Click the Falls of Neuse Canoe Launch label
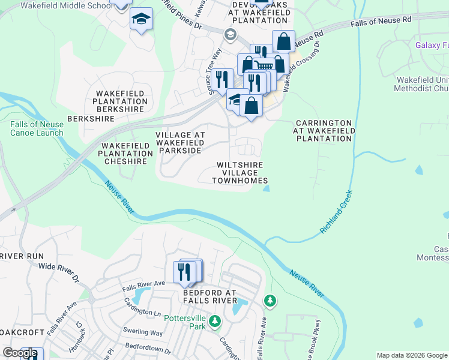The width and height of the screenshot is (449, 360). (x=36, y=128)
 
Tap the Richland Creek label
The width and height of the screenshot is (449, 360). (x=337, y=213)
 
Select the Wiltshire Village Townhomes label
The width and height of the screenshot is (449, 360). (x=240, y=172)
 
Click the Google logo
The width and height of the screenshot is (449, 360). (x=20, y=353)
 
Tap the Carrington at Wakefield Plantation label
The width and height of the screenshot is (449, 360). (x=323, y=131)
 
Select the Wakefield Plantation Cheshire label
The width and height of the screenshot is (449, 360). (x=125, y=154)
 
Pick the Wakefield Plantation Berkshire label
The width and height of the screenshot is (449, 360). (x=121, y=101)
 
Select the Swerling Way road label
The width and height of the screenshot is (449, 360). (x=143, y=332)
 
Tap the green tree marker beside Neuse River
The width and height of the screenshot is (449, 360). (x=271, y=300)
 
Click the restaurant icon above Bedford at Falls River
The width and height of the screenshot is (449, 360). (x=185, y=272)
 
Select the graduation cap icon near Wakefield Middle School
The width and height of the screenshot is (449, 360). (x=141, y=20)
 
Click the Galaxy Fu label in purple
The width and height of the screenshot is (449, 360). (x=432, y=46)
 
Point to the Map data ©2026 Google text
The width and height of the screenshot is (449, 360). (x=411, y=355)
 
